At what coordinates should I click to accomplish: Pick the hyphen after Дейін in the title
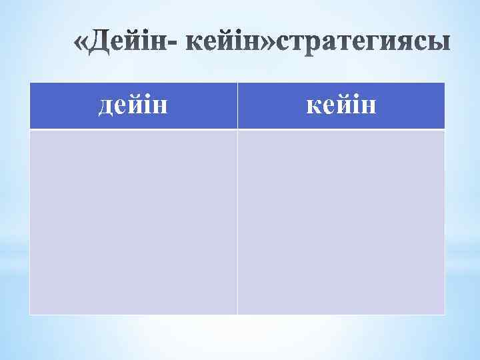[x=176, y=45]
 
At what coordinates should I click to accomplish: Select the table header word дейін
[x=133, y=105]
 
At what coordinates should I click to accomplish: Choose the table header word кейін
[x=341, y=105]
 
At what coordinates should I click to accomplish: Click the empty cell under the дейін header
[x=133, y=221]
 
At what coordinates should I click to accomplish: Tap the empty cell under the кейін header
[x=341, y=221]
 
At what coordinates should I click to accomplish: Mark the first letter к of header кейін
[x=313, y=105]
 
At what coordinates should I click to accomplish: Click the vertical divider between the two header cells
[x=237, y=105]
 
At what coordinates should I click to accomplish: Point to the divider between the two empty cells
[x=237, y=221]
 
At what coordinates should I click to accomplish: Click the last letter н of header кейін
[x=369, y=105]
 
